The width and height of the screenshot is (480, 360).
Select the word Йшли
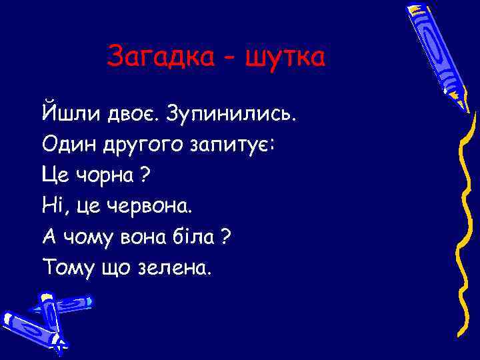pos(70,112)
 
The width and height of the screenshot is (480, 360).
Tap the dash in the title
pos(229,59)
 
